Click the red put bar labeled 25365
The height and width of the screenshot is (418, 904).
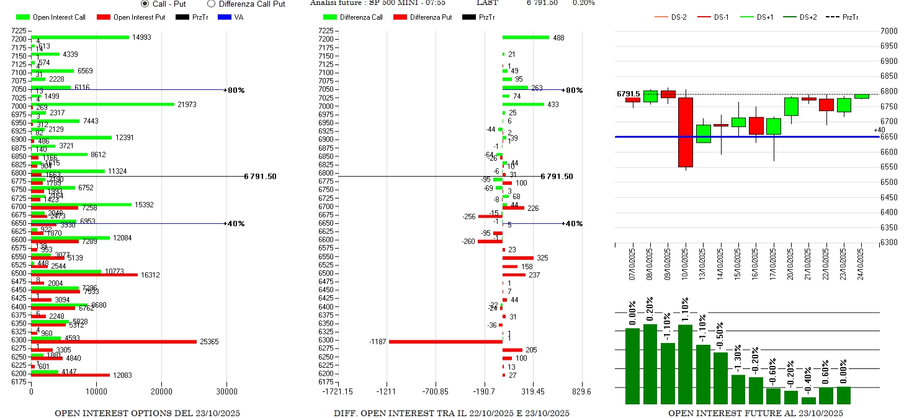point(114,342)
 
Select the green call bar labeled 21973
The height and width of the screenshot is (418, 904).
point(102,104)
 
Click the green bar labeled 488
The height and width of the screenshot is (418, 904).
point(526,37)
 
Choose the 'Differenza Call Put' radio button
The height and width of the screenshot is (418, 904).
point(211,4)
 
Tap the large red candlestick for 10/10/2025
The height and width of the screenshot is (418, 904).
point(686,132)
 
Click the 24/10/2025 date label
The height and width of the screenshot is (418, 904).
point(861,265)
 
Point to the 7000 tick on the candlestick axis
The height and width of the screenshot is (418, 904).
point(889,31)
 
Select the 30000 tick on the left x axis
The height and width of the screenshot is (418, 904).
point(226,391)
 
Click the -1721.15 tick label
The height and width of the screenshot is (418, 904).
point(335,391)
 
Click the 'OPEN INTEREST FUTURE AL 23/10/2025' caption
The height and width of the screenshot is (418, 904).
point(755,413)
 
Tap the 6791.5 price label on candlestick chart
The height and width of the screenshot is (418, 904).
point(628,94)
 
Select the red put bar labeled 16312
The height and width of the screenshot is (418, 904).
point(84,274)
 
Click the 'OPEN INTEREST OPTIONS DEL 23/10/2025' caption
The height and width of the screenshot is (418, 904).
point(147,413)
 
